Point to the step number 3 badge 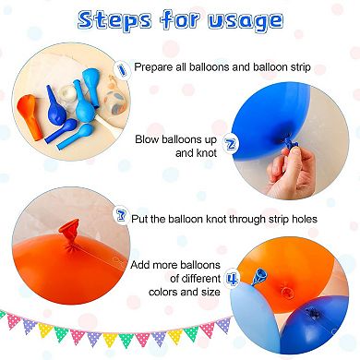(x=120, y=217)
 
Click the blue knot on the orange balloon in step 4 (x=261, y=273)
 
